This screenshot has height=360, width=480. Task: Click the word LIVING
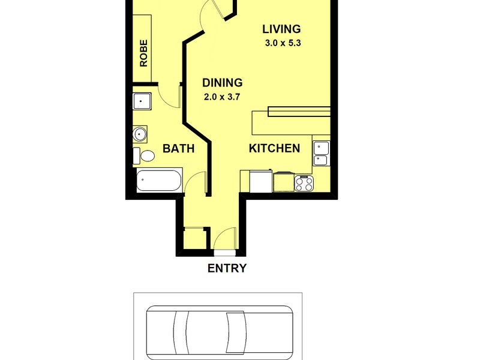tap(281, 29)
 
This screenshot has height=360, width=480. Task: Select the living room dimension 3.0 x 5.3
tap(282, 43)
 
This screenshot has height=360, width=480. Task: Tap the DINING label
tap(222, 83)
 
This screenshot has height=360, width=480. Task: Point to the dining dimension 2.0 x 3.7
tap(222, 97)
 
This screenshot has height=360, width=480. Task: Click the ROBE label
tap(143, 53)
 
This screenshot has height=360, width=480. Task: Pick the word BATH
tap(178, 149)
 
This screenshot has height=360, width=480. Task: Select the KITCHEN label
tap(274, 148)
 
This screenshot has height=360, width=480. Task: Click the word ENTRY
tap(226, 268)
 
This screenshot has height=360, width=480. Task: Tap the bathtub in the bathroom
tap(159, 180)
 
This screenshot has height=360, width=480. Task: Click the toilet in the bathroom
tap(145, 155)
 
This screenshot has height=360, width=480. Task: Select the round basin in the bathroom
tap(140, 134)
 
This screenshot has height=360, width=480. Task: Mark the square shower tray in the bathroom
tap(143, 103)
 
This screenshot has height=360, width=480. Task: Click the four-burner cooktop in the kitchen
tap(304, 182)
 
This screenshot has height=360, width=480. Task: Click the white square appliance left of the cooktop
tap(260, 181)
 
